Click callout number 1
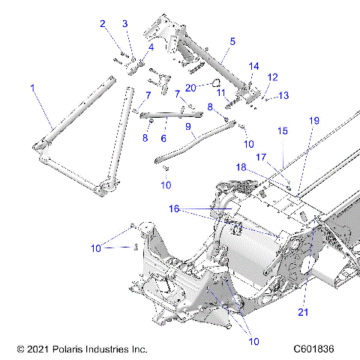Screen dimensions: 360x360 pos(32,88)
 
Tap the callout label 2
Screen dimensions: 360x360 pos(103,24)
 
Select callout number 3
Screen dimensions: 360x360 pos(125,24)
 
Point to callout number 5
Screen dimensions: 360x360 pos(232,41)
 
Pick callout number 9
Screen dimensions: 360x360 pos(188,127)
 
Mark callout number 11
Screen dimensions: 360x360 pos(220,92)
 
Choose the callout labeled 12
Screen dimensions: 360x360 pos(272,76)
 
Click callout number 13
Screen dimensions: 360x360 pos(283,95)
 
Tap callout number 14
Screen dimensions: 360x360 pos(254,66)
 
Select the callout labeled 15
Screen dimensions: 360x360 pos(282,130)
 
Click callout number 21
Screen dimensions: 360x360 pos(303,311)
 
